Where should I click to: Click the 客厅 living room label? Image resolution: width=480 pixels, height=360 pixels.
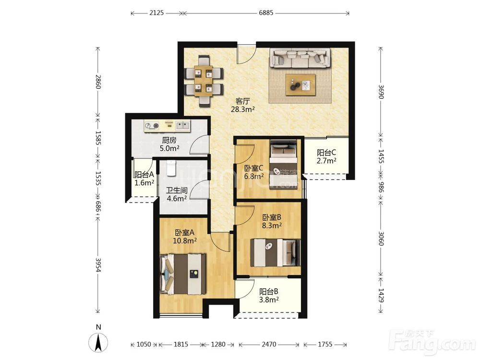click(x=243, y=101)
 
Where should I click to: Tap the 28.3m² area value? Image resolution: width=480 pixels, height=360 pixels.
click(x=243, y=109)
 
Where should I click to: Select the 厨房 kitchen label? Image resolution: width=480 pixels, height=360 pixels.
click(x=169, y=141)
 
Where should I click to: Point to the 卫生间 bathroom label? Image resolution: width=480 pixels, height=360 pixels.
click(x=177, y=191)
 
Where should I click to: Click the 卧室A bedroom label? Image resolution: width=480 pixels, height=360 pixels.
click(x=185, y=233)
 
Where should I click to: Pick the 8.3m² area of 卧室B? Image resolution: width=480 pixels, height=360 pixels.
click(x=272, y=226)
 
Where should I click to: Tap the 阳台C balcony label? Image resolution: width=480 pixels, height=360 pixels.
click(x=326, y=153)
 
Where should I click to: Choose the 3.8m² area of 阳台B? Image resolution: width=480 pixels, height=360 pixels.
click(x=269, y=300)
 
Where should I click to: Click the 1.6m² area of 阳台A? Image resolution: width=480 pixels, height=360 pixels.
click(x=144, y=183)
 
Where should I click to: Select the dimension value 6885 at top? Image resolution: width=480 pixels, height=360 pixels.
click(x=266, y=13)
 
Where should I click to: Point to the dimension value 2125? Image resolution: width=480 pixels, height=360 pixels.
click(x=156, y=13)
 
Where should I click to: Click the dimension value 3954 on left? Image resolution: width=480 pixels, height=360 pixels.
click(x=98, y=264)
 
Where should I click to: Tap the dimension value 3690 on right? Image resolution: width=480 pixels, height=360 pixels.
click(x=381, y=92)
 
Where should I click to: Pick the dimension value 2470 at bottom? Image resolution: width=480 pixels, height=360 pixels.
click(x=269, y=344)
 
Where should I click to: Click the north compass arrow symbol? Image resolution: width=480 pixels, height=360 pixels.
click(x=98, y=343)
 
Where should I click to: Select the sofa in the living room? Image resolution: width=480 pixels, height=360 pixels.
click(x=300, y=58)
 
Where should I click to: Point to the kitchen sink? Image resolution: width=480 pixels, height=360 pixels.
click(x=182, y=125)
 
